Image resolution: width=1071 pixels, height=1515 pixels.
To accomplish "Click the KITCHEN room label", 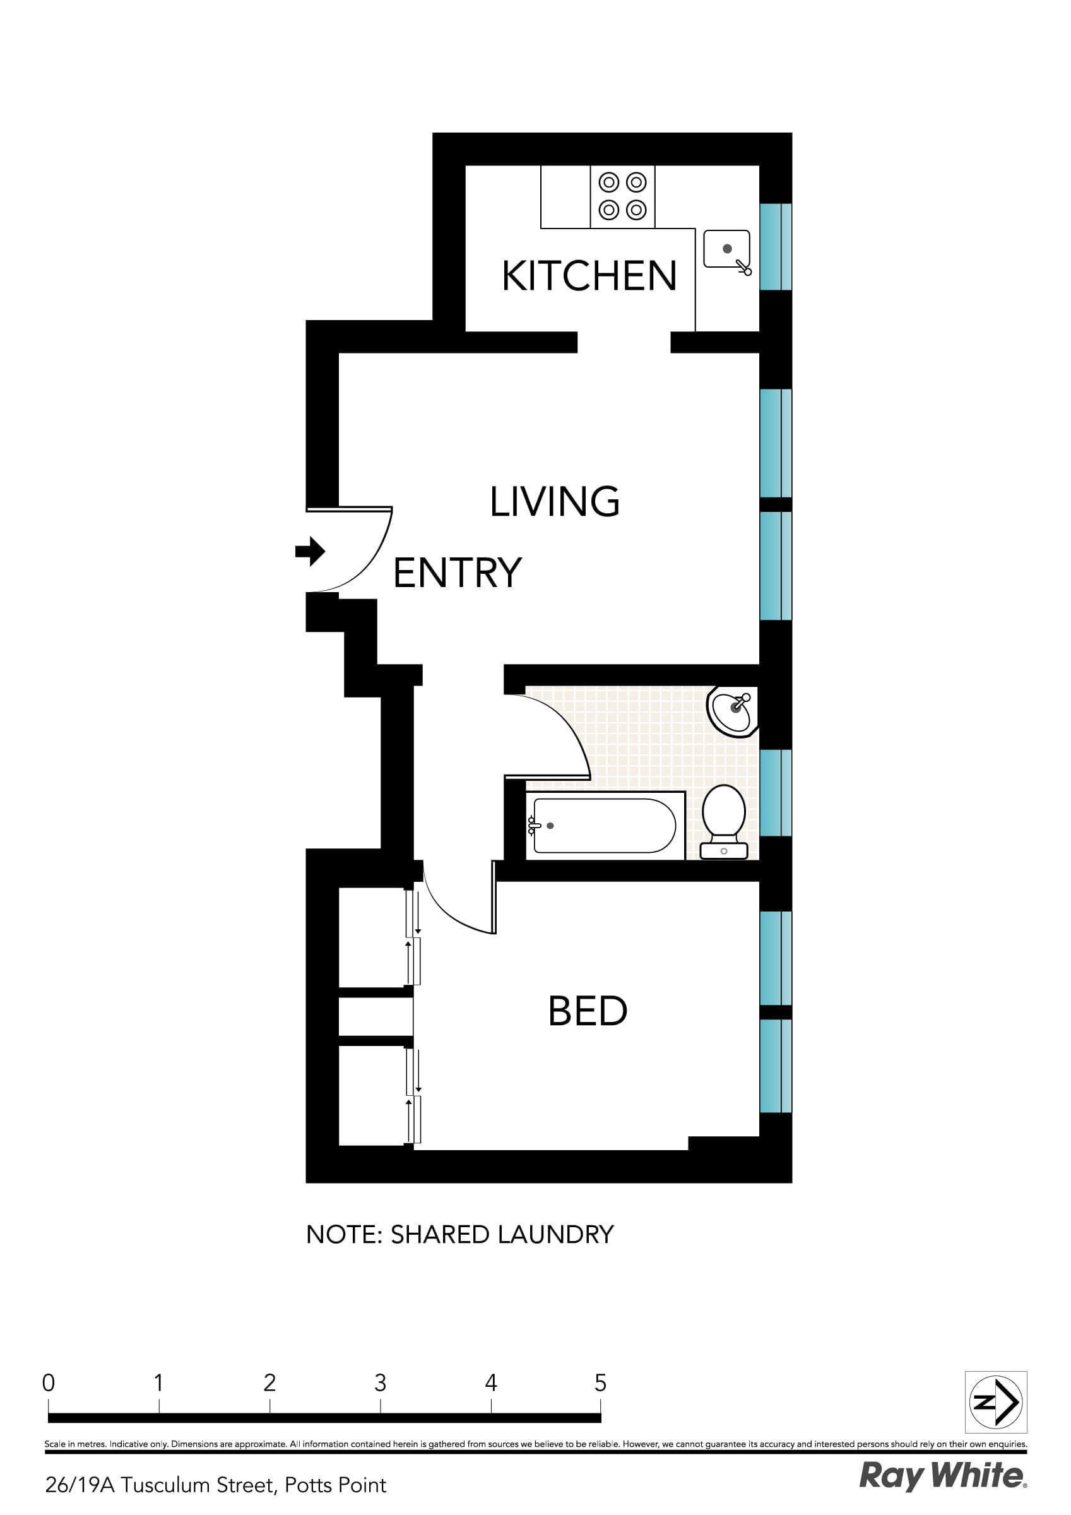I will (x=589, y=276).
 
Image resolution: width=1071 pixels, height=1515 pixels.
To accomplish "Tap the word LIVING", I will (x=554, y=501).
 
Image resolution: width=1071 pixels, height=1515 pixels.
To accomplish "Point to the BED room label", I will (x=588, y=1011).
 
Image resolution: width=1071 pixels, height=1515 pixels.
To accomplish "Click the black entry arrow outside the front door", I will (x=310, y=551).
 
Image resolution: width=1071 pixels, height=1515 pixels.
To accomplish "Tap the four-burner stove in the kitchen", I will (x=622, y=196).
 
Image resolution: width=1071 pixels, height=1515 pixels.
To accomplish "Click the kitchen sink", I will (x=726, y=249).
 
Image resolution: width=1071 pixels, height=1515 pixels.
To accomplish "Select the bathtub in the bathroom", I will (x=604, y=826).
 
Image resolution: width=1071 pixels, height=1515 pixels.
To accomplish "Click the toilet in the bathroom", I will (x=723, y=820).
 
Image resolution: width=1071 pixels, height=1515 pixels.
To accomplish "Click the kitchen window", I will (x=776, y=247).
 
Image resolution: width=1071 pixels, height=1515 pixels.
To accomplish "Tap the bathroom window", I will (x=776, y=792).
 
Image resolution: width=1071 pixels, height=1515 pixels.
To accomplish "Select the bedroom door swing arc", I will (x=449, y=914).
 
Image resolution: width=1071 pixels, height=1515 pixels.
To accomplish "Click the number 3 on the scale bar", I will (x=380, y=1382).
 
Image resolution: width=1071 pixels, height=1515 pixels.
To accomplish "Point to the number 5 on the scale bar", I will (x=600, y=1382).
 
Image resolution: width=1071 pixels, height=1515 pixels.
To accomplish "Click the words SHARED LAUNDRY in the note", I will (x=502, y=1235).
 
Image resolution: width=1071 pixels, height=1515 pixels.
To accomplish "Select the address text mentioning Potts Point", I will (x=216, y=1485).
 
